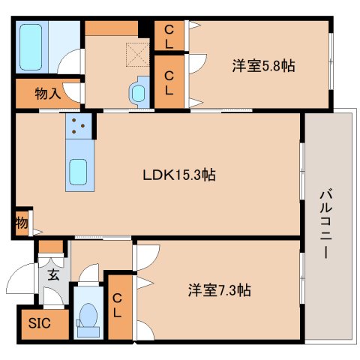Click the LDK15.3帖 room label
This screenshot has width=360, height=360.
tap(180, 175)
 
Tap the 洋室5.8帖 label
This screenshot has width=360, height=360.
tap(262, 66)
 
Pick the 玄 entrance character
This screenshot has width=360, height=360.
tap(53, 274)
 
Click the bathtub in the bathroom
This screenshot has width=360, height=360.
tap(31, 46)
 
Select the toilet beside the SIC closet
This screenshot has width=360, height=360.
tap(88, 316)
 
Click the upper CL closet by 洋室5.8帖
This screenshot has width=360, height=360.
tap(169, 34)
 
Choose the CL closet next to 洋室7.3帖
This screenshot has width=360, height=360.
tap(118, 307)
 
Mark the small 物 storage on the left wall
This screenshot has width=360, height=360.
tap(21, 223)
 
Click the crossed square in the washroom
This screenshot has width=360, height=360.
tap(136, 54)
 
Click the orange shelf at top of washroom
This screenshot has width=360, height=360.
tap(110, 28)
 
